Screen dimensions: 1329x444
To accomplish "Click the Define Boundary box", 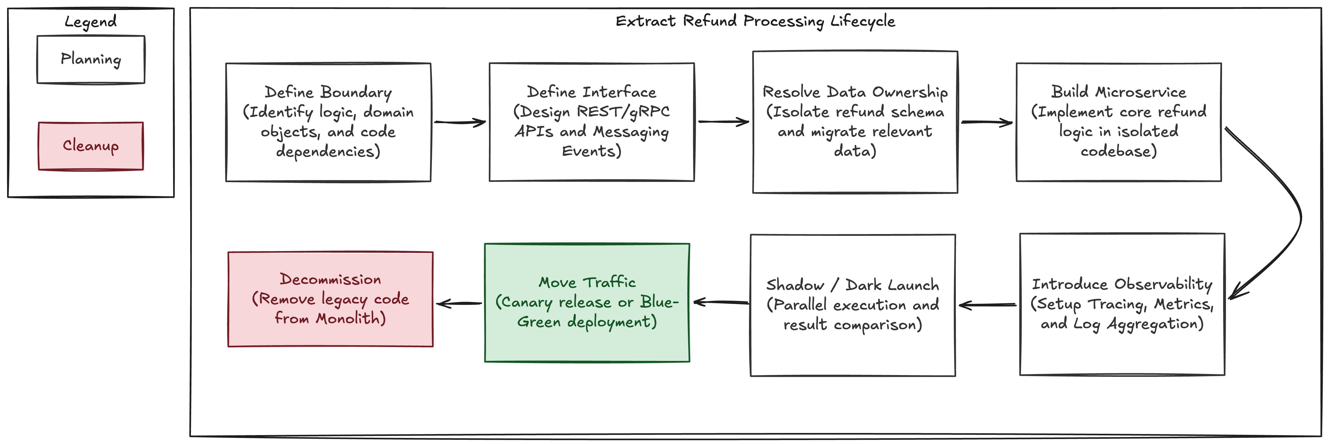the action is coord(328,122).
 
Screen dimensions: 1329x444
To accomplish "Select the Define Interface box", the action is coord(592,122).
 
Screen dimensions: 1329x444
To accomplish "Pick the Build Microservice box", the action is coord(1118,122).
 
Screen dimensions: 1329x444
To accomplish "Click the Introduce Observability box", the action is coord(1122,304).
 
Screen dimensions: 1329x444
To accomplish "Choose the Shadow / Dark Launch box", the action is coord(853,305).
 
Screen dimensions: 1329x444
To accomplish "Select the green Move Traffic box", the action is coord(587,303).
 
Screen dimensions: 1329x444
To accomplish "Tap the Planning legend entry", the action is coord(91,59).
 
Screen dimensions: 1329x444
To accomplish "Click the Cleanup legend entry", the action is coord(91,146).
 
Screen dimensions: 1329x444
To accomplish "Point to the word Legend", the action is coord(91,22).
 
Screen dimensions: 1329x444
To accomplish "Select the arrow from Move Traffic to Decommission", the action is coord(459,304).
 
